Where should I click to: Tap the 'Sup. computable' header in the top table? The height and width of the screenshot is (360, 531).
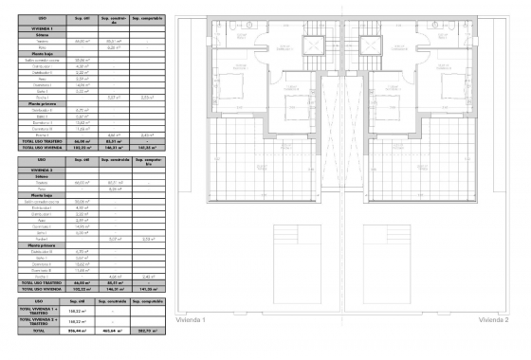point(146,18)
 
